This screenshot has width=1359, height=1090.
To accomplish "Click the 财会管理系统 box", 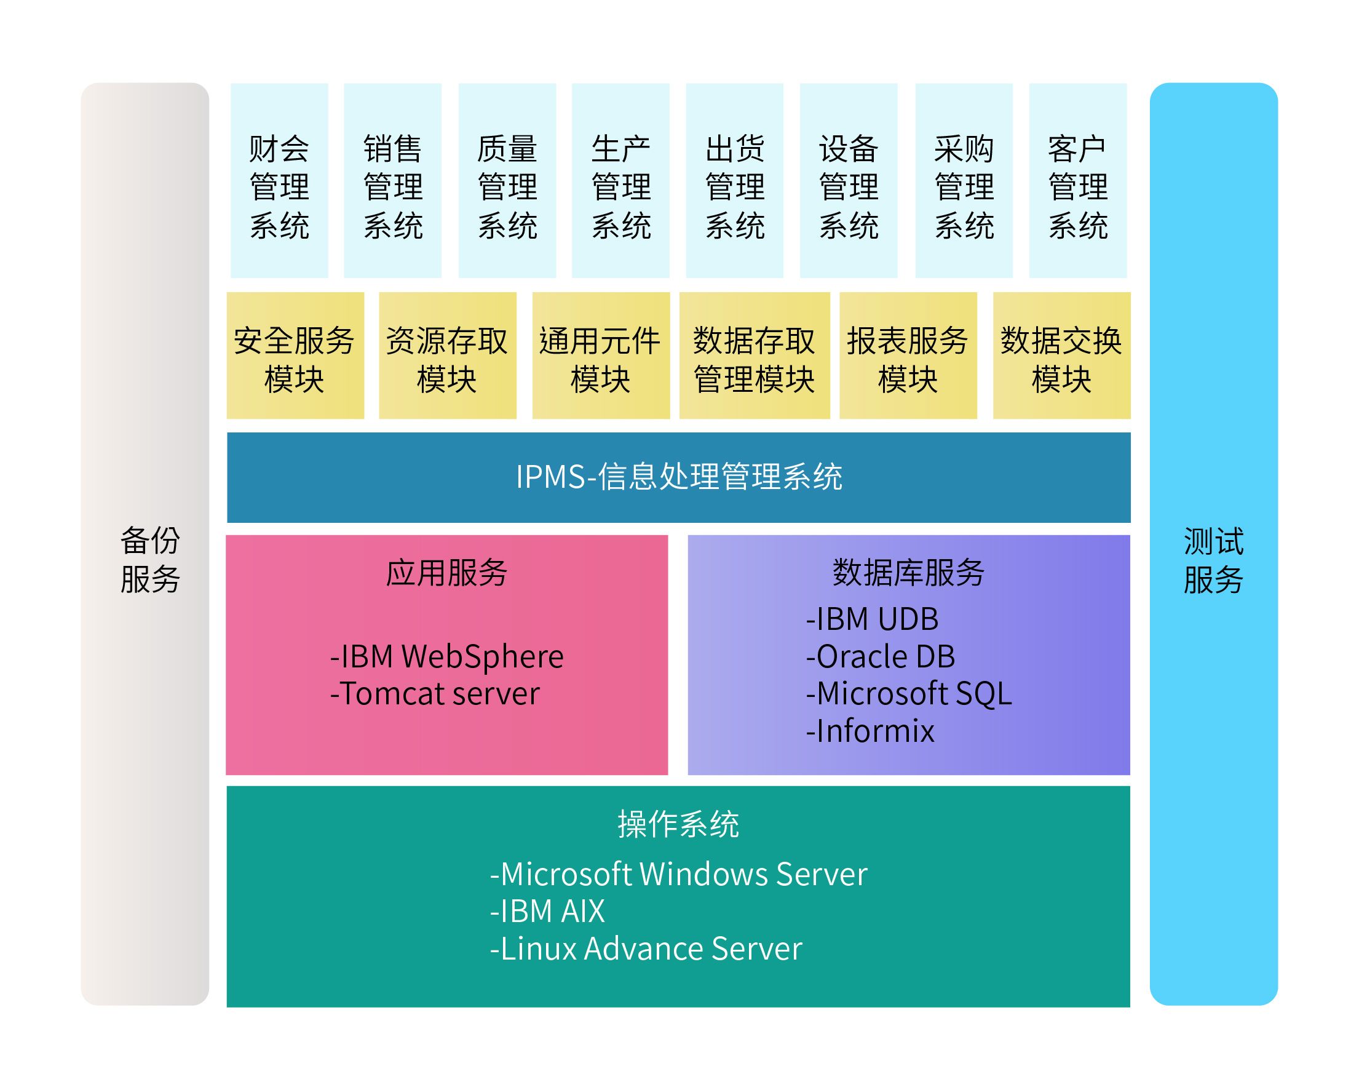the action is point(279,180).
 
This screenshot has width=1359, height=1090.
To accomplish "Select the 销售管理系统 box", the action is point(393,180).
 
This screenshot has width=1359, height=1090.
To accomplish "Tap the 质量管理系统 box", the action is point(507,180).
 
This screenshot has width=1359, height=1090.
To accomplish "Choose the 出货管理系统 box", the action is point(735,180).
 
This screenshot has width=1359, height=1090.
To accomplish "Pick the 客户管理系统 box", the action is point(1078,180).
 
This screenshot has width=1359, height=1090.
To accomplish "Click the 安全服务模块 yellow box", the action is point(296,356).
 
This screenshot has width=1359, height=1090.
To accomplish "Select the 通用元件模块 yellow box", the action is point(601,356).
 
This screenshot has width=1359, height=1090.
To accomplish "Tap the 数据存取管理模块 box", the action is point(755,356).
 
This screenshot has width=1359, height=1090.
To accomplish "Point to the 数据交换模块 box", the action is point(1062,356).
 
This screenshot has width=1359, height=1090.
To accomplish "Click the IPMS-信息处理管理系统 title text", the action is point(679,477).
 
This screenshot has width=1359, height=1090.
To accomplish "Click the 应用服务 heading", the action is point(447,573).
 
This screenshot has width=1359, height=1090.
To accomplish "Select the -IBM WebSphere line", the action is point(447,656).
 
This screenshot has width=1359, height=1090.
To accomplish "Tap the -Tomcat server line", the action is point(435,693).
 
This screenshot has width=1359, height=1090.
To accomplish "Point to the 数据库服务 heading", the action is point(908,573).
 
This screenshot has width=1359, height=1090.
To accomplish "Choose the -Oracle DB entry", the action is point(881,656).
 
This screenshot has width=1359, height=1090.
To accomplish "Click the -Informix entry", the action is point(870,731).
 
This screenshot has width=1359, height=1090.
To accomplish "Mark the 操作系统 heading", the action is point(678,824).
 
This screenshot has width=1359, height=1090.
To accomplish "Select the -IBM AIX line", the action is point(547,911).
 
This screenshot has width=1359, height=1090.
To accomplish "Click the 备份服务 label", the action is point(150,560).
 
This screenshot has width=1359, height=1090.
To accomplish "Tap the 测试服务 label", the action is point(1213,560).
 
